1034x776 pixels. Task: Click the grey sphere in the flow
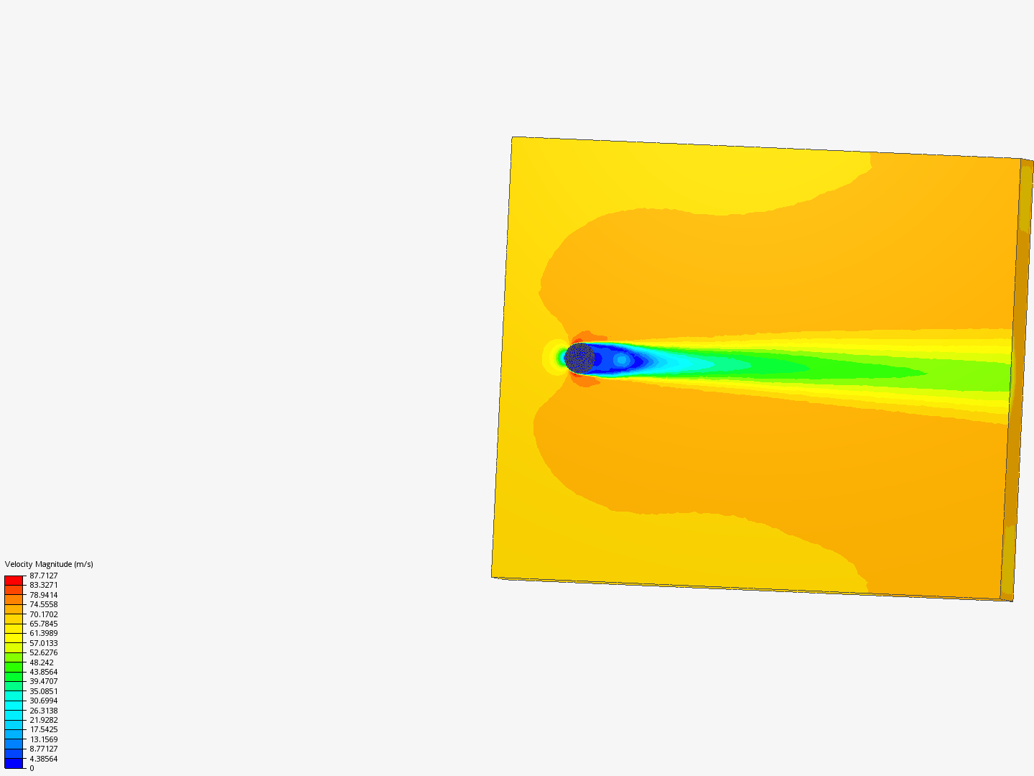click(579, 358)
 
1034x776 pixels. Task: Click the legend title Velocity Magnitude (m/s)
click(49, 564)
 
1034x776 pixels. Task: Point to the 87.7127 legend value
click(43, 576)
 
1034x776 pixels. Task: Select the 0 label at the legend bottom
click(32, 768)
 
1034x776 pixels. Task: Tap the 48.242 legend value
click(41, 662)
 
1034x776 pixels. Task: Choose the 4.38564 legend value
click(43, 759)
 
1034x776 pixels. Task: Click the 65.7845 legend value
click(43, 624)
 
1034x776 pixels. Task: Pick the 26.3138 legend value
click(43, 711)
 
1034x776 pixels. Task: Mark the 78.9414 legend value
click(43, 595)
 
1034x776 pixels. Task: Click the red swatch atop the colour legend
click(14, 580)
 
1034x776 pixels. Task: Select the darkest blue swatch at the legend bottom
click(14, 763)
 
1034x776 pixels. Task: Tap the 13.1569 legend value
click(43, 739)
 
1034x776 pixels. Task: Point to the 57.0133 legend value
click(43, 643)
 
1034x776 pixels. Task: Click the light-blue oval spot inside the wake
click(621, 360)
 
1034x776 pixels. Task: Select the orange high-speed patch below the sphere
click(587, 381)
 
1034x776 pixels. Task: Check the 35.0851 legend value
click(43, 691)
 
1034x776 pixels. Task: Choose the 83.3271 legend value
click(43, 585)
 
